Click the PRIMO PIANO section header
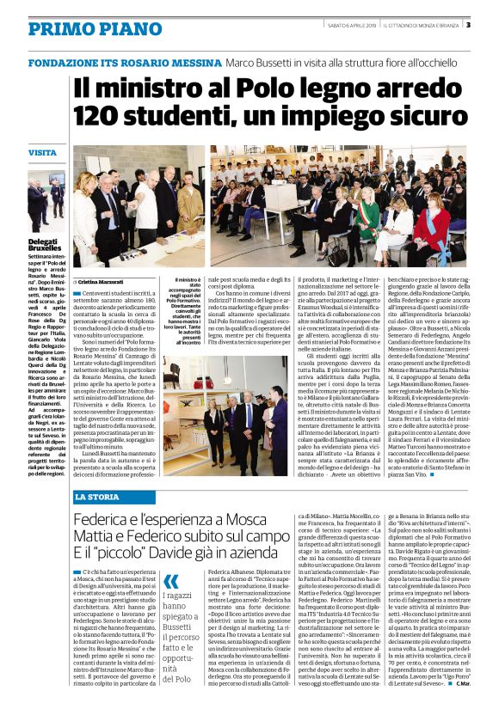pos(83,29)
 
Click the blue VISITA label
pos(42,152)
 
